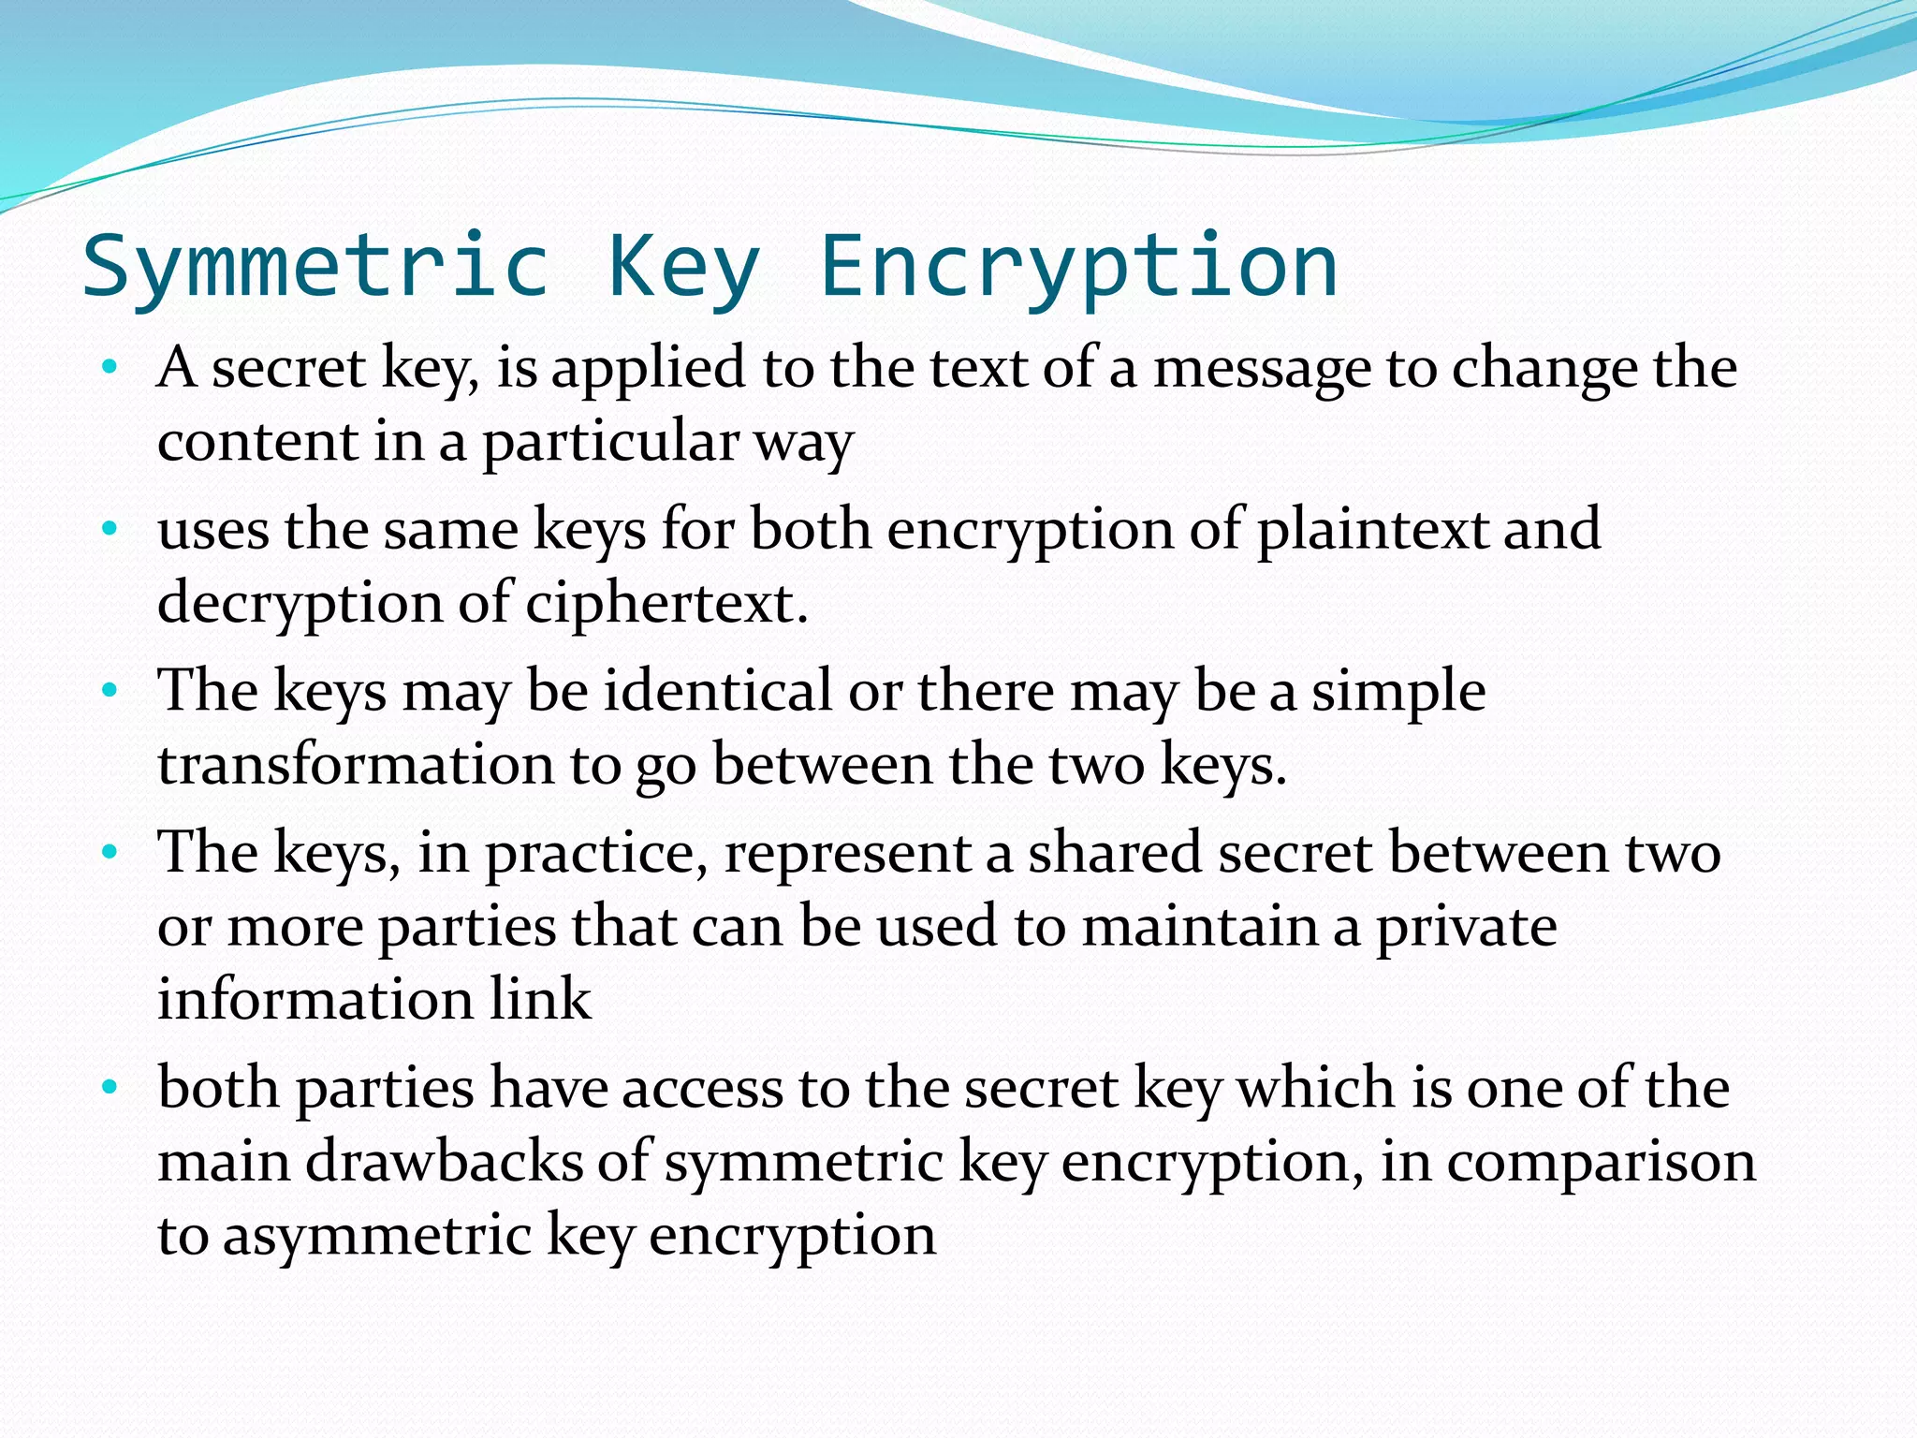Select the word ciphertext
666,603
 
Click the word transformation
356,765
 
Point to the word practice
595,855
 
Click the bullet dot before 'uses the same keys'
110,530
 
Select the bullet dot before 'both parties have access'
110,1088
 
